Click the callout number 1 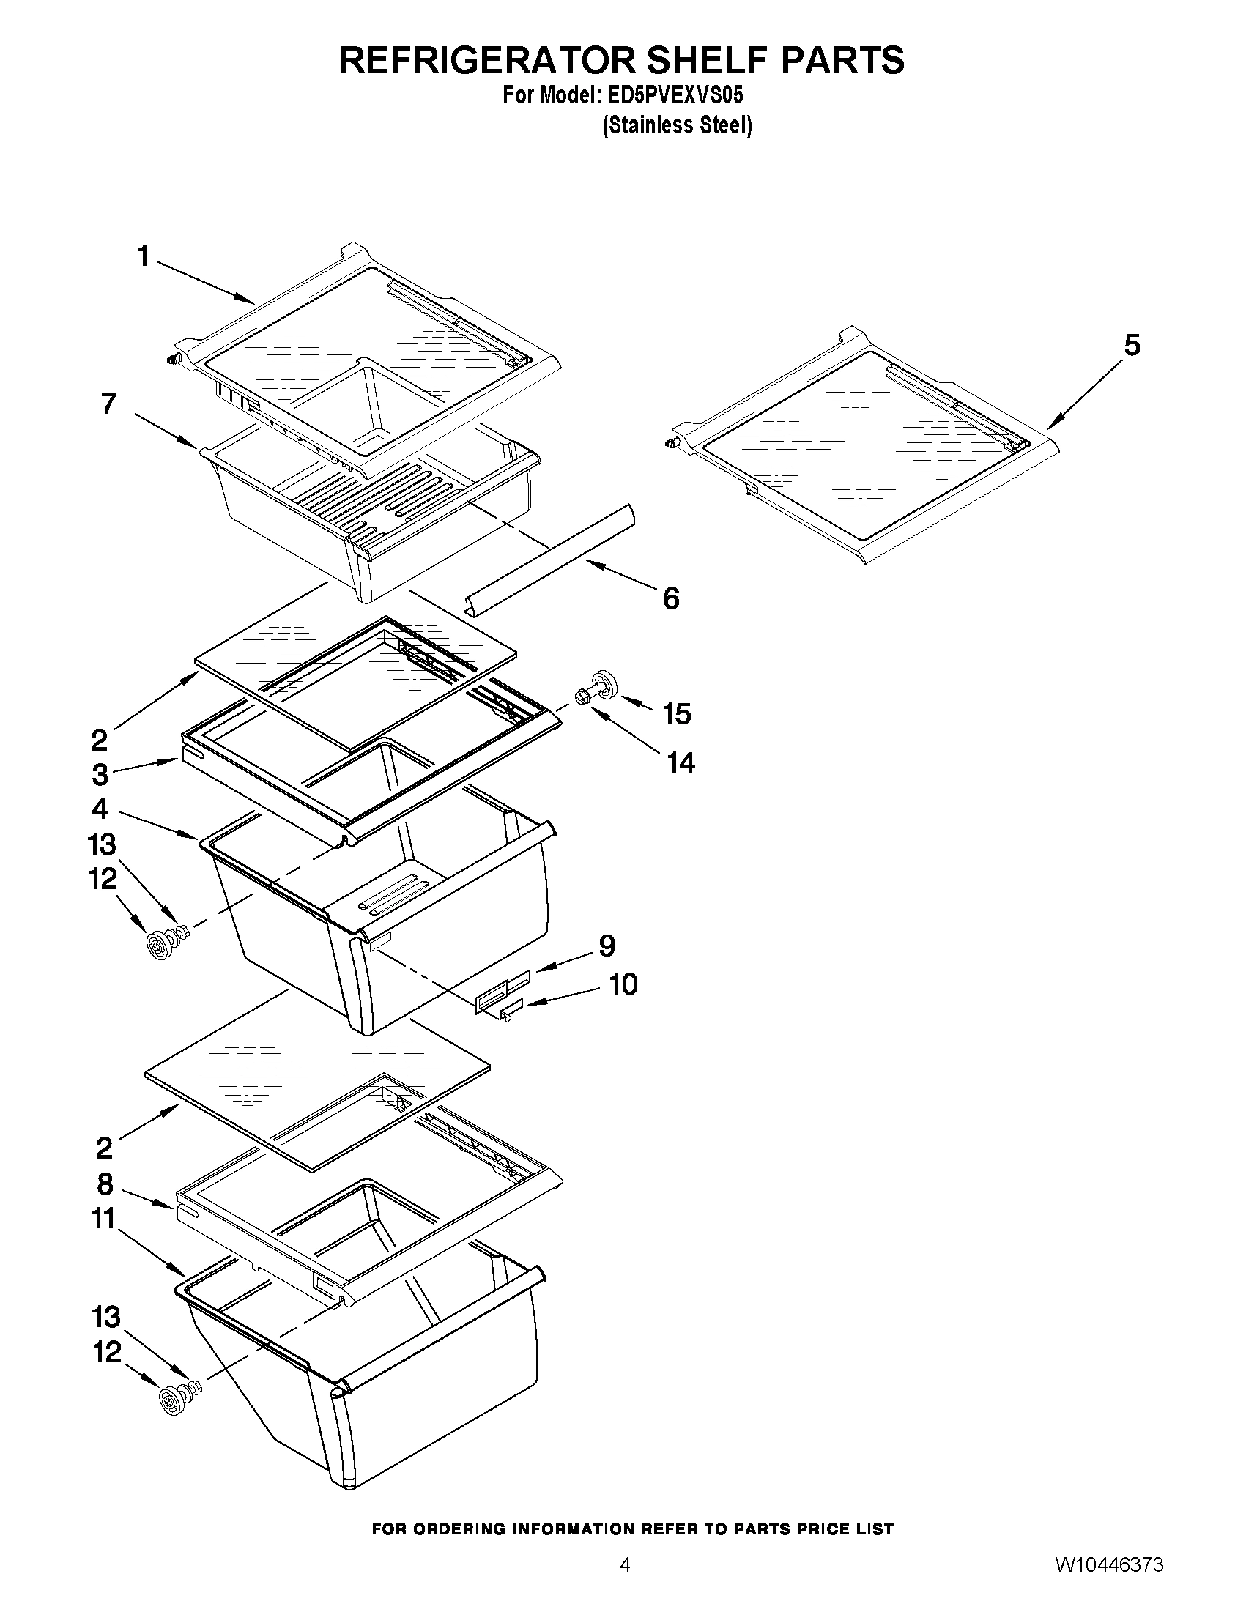(142, 257)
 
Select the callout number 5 (1132, 346)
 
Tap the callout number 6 (670, 598)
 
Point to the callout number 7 (108, 404)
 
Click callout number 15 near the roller (676, 714)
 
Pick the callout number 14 (681, 763)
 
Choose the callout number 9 (607, 946)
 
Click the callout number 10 (623, 984)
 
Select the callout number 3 (100, 775)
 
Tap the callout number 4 (100, 809)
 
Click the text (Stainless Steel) (677, 125)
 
